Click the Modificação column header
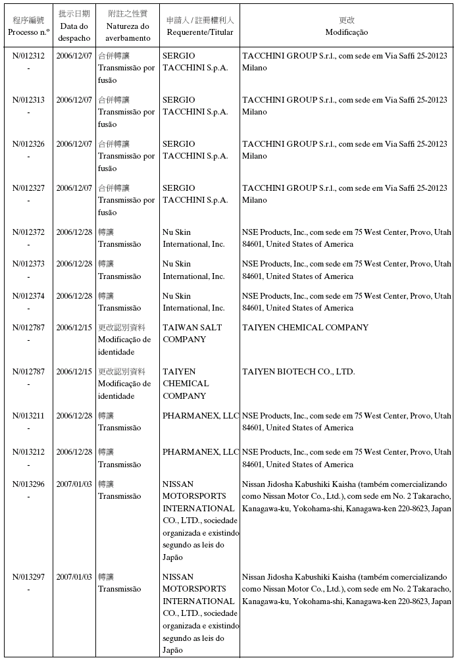click(346, 26)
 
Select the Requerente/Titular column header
click(199, 26)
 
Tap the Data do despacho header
click(74, 26)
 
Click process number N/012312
click(28, 56)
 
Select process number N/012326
click(28, 144)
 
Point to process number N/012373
click(28, 264)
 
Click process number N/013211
click(28, 416)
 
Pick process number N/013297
click(28, 576)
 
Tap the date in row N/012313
click(74, 100)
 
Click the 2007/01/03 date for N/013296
click(74, 484)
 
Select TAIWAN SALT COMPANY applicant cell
click(192, 333)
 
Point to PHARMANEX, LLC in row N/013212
click(200, 452)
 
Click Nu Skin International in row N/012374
click(193, 301)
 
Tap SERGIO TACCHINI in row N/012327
click(195, 193)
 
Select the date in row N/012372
click(74, 232)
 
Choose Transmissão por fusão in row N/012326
click(126, 156)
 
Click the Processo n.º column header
click(28, 26)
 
